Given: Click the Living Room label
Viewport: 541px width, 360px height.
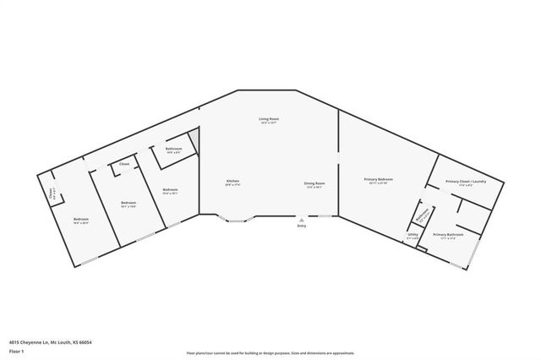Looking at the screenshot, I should pos(269,119).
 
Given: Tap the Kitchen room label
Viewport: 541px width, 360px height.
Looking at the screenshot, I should pos(232,182).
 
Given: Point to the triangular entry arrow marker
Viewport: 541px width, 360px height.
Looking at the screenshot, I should pos(302,220).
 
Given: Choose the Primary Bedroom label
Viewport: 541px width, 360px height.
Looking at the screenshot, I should pos(379,179).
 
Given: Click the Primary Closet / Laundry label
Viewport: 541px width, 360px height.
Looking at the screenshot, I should pos(466,181).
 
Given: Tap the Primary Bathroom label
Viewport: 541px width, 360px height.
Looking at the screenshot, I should pos(447,234).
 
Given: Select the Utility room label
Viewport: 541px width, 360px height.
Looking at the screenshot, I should pos(413,237).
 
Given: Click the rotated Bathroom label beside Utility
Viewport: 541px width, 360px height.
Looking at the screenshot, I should pos(422,217).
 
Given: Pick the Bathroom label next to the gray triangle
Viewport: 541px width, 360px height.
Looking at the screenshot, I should pos(174,150).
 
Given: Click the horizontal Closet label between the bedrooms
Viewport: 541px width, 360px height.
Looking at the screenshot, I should pos(124,164).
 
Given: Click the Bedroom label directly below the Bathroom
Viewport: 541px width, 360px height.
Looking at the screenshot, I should pos(170,189).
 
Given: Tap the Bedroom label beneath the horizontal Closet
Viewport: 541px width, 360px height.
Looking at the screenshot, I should pos(128,203).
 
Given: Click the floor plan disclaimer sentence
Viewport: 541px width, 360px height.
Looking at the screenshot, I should pos(270,353).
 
